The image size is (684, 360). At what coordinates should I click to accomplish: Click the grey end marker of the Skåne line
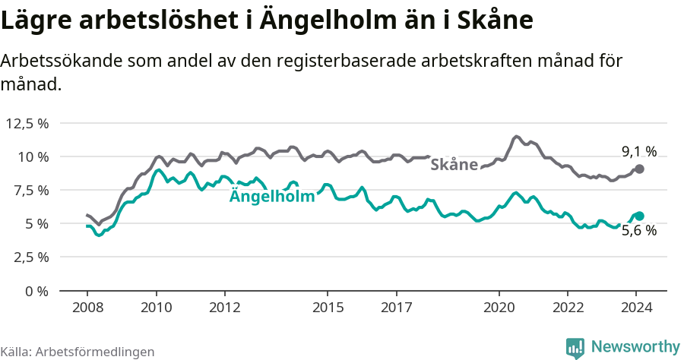[639, 169]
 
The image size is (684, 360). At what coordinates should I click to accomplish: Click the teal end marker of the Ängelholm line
[639, 216]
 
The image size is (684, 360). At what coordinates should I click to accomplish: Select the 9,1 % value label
[638, 152]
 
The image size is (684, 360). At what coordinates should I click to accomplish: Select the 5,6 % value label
[638, 231]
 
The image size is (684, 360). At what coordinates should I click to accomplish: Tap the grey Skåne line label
[454, 165]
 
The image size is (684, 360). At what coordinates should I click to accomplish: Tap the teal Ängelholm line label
[272, 197]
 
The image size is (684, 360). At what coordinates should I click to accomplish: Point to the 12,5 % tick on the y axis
[27, 123]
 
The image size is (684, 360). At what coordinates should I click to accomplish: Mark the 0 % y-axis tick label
[37, 291]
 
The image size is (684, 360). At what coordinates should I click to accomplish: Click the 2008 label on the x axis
[87, 308]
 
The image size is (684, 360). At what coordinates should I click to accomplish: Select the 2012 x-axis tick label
[225, 308]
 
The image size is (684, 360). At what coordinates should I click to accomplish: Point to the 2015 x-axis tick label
[328, 308]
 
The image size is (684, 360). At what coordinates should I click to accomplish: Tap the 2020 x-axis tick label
[499, 308]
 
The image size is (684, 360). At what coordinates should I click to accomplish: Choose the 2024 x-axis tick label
[637, 308]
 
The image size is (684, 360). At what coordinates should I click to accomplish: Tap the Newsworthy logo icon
[575, 348]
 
